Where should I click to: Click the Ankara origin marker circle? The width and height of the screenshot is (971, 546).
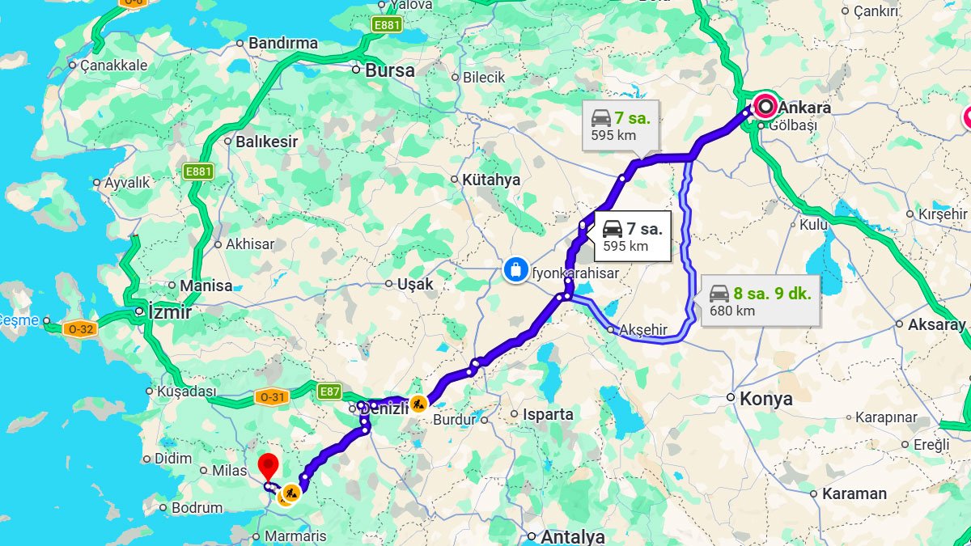(x=765, y=106)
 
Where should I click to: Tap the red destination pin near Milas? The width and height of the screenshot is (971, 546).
(x=268, y=466)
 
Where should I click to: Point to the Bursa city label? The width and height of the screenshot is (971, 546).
(x=389, y=70)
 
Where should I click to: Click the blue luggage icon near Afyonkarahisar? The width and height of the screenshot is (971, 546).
(x=514, y=269)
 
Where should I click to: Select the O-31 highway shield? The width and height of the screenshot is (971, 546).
(x=271, y=396)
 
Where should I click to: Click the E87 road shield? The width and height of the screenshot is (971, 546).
(x=329, y=392)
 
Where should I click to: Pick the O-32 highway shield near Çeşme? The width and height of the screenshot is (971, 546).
(x=81, y=328)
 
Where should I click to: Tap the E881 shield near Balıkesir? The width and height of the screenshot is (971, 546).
(x=198, y=171)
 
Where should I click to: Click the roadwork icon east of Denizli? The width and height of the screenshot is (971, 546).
(x=418, y=402)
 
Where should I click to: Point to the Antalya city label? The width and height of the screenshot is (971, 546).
(x=572, y=536)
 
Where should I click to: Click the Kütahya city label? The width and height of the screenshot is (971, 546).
(x=490, y=180)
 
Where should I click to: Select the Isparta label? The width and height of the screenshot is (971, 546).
(x=548, y=414)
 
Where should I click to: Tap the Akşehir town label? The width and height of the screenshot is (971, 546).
(x=643, y=330)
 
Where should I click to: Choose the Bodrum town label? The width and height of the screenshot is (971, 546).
(x=197, y=508)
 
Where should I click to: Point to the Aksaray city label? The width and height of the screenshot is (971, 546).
(x=937, y=324)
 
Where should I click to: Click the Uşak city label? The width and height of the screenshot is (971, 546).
(x=415, y=284)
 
